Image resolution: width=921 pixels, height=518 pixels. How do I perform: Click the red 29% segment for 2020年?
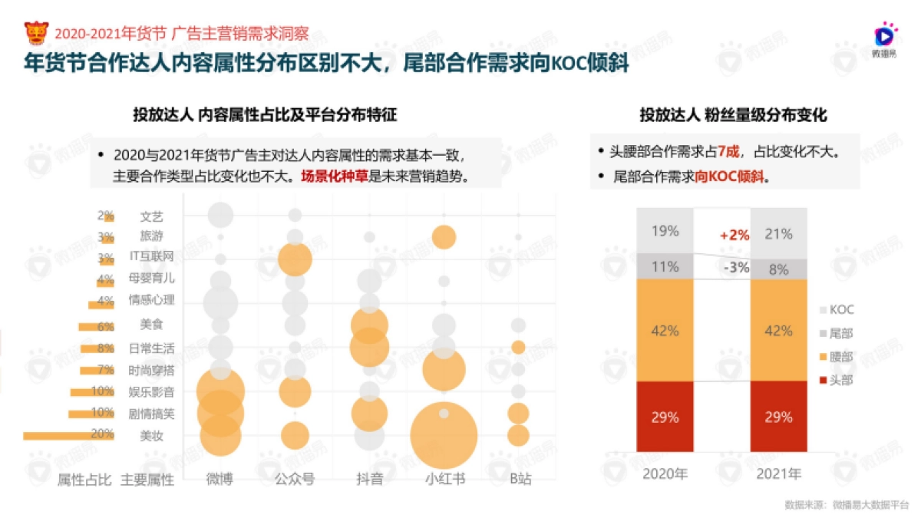tap(665, 417)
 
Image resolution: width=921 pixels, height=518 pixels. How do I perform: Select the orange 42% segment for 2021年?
tap(777, 331)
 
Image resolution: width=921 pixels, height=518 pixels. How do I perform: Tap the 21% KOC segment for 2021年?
tap(777, 233)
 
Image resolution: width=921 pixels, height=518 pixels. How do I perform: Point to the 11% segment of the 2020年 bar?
tap(665, 266)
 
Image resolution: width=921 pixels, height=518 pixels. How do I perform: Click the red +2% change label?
tap(734, 236)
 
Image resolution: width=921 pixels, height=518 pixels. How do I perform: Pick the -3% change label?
tap(736, 267)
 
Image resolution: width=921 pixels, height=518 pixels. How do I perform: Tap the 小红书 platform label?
tap(444, 479)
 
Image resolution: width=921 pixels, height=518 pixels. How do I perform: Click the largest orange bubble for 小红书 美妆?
tap(444, 435)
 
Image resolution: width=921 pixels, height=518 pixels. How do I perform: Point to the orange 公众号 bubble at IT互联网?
tap(295, 259)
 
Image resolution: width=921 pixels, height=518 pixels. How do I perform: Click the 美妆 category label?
tap(151, 436)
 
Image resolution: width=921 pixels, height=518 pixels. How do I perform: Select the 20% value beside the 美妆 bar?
tap(102, 435)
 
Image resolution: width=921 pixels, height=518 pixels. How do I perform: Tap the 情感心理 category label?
tap(151, 300)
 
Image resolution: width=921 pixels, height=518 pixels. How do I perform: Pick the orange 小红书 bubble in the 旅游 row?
tap(444, 237)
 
